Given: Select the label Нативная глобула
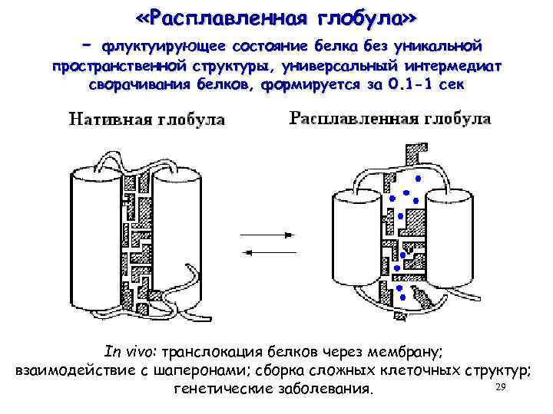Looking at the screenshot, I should [x=147, y=120].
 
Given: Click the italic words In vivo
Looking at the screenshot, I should [x=131, y=351].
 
